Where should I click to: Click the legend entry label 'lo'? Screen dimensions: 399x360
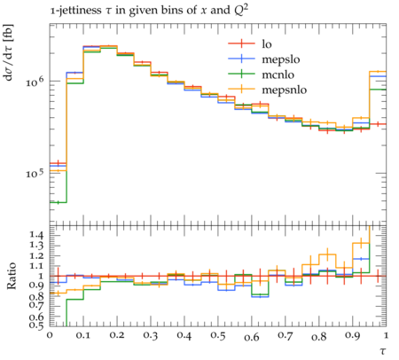[267, 44]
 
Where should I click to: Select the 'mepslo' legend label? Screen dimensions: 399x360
[281, 59]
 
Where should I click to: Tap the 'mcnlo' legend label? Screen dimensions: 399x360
[278, 74]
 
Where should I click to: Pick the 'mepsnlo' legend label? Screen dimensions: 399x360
[285, 90]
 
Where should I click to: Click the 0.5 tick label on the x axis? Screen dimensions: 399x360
[218, 336]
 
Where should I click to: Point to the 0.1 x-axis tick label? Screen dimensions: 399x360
[83, 336]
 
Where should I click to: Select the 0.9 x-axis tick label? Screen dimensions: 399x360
[353, 336]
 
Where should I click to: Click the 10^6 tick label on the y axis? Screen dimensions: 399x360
[35, 82]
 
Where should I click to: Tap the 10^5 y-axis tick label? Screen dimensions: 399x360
[35, 174]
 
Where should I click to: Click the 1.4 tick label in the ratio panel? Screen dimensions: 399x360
[36, 235]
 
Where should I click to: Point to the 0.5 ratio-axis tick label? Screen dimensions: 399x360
[36, 325]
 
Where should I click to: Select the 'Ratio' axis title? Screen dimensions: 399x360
[12, 276]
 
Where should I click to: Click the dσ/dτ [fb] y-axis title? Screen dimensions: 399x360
[8, 52]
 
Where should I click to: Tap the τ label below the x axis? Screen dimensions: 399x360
[383, 351]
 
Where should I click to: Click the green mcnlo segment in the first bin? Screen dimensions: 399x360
[58, 202]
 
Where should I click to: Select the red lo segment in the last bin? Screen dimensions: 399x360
[378, 124]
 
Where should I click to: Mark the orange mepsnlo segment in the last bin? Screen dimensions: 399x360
[378, 71]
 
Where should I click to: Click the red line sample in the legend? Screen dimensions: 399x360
[241, 43]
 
